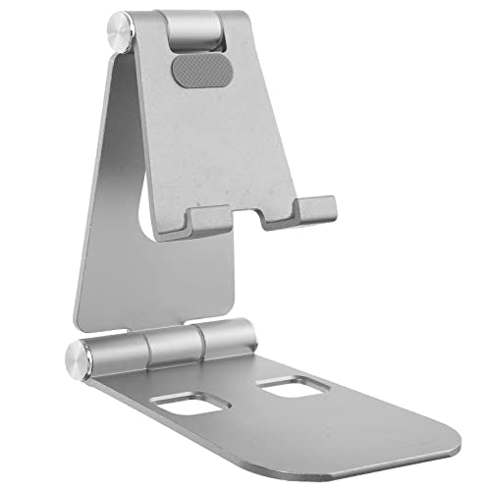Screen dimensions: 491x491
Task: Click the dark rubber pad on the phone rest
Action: click(191, 70)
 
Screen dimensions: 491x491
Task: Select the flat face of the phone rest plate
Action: click(245, 137)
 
